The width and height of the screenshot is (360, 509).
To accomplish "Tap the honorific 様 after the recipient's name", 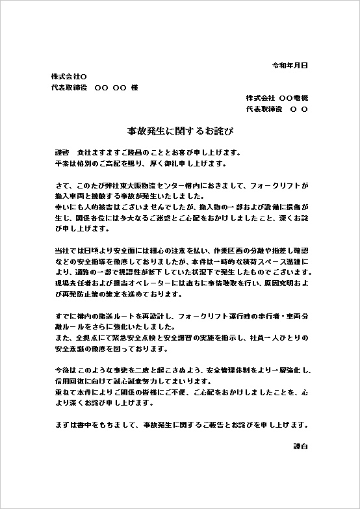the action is click(135, 88).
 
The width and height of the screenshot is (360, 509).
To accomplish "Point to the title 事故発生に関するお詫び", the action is click(180, 131).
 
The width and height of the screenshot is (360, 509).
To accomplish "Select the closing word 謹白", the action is click(300, 447).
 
